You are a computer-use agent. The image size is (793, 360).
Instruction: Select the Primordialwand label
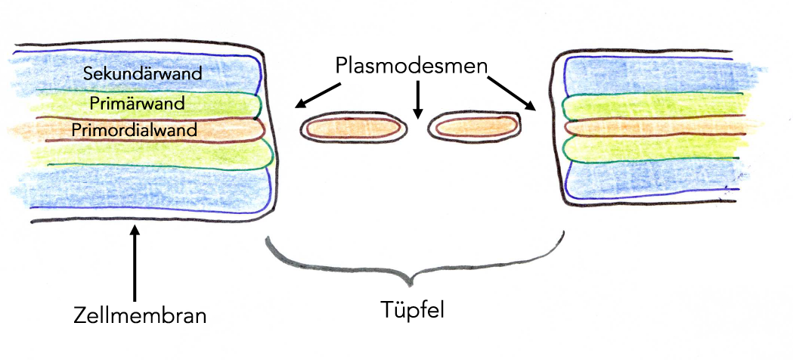point(135,129)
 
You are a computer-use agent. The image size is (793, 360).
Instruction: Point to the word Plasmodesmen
point(411,66)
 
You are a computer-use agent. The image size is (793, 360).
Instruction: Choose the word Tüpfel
point(413,309)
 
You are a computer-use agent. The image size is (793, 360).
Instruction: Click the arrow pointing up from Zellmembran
point(135,265)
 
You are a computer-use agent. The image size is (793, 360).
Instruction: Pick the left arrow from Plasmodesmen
point(318,95)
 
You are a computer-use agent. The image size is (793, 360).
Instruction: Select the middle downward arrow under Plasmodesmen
point(415,101)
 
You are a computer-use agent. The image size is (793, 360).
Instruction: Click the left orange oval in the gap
point(353,129)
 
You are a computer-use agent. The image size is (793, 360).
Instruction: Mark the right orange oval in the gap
point(474,127)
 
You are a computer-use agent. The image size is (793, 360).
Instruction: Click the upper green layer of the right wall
point(650,106)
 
